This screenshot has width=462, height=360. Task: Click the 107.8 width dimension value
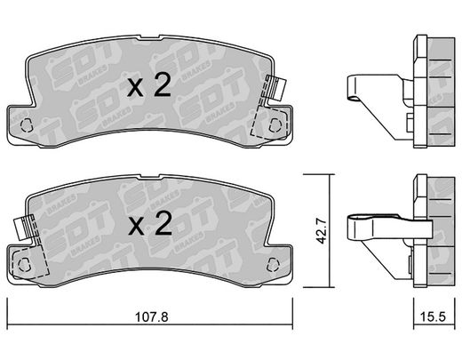coord(152,317)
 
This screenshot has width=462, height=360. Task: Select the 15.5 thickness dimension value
coord(433,316)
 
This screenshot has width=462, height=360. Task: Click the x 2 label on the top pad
coord(149,85)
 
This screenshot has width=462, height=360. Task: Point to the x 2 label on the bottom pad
coord(150,224)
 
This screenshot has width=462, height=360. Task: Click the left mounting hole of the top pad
coord(27,125)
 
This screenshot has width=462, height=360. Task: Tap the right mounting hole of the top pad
coord(275,125)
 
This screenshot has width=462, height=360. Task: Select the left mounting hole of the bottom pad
coord(24,265)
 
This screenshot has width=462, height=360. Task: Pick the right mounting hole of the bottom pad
coord(273,265)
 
